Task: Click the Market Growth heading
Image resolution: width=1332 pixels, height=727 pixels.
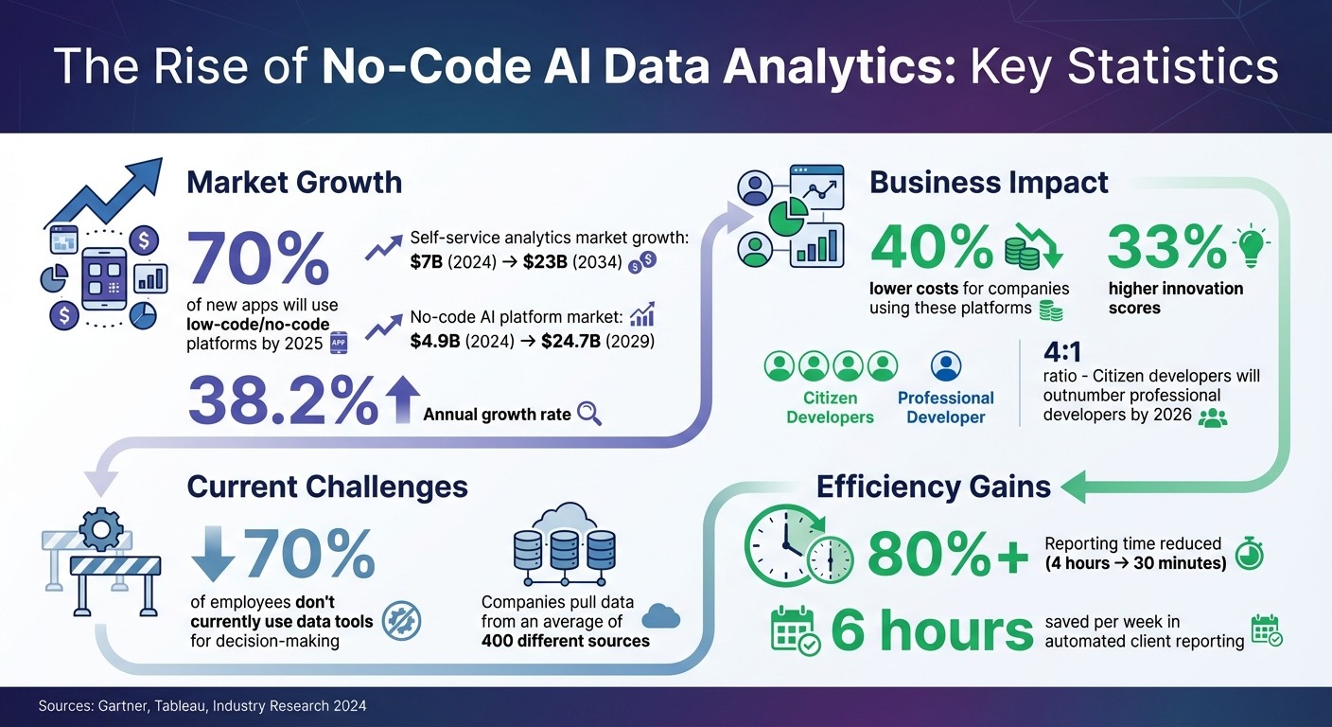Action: [x=294, y=182]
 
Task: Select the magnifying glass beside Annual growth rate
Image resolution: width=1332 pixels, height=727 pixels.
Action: [x=589, y=414]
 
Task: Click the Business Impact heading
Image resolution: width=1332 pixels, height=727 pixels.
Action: [x=989, y=182]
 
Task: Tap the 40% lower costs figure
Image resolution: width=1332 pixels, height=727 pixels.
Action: [x=931, y=248]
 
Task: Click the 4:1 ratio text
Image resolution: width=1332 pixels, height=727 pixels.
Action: [x=1061, y=352]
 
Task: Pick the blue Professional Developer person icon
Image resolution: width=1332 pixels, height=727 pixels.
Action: [x=946, y=365]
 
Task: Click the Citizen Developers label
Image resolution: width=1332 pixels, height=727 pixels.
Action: [x=830, y=407]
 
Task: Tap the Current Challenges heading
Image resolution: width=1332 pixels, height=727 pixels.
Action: [x=327, y=487]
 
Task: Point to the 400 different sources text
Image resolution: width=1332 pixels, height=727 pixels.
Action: [x=565, y=641]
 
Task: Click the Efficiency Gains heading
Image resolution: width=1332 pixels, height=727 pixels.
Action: [x=934, y=487]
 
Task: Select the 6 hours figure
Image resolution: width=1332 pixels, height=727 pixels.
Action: [x=932, y=631]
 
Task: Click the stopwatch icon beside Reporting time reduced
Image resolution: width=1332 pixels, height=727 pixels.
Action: [x=1250, y=553]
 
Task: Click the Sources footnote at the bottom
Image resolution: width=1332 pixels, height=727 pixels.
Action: [x=202, y=706]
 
